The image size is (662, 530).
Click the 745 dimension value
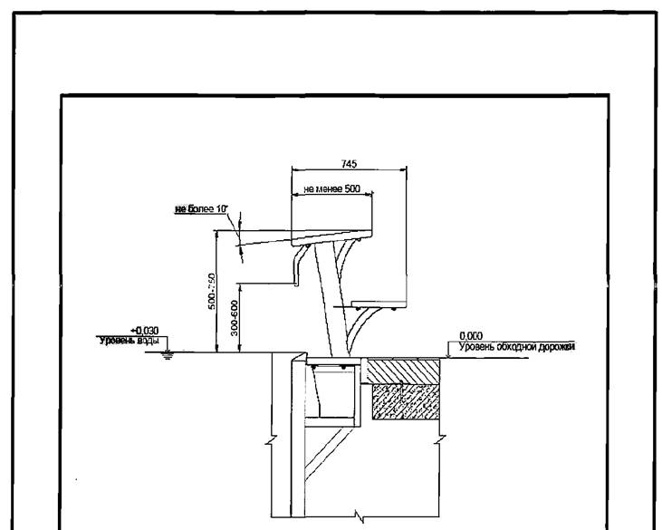[349, 164]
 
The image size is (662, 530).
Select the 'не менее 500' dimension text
[332, 189]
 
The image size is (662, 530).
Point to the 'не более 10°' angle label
[200, 210]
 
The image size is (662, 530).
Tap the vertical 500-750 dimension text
[210, 292]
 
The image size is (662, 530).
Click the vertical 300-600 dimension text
[235, 319]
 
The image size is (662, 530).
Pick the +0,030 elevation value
[145, 331]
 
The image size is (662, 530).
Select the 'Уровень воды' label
[129, 340]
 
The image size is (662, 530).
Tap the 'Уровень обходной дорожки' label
[517, 346]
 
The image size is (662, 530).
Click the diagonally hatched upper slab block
[403, 370]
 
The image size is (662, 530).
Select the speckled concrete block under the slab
[404, 400]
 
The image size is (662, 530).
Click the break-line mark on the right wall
[438, 443]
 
